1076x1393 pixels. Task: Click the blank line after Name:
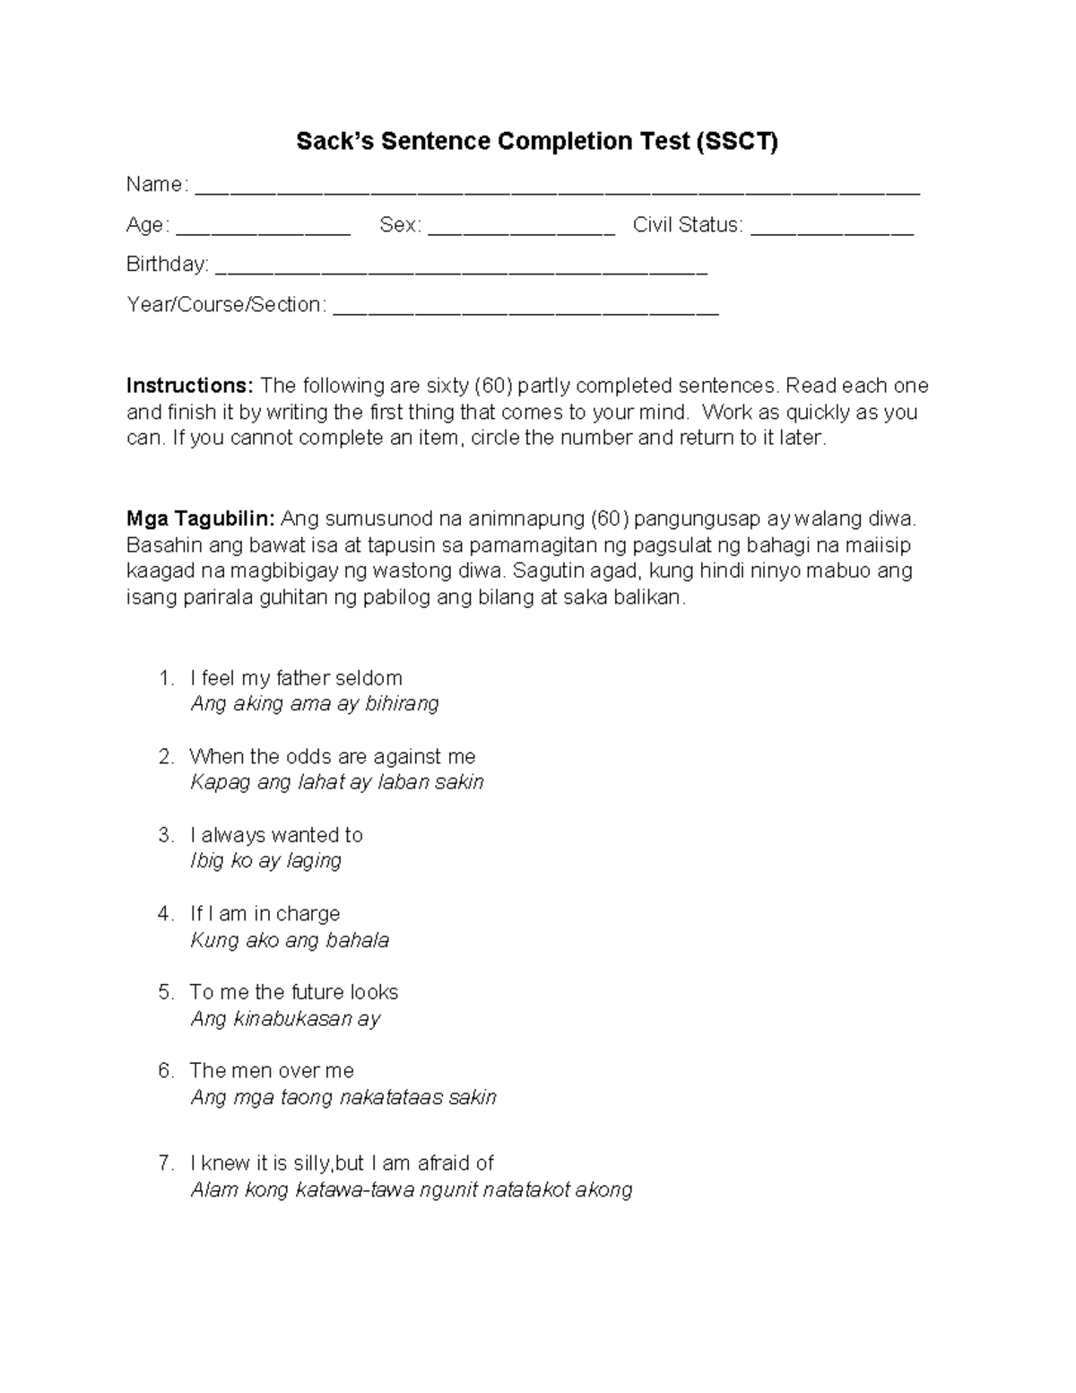(x=557, y=191)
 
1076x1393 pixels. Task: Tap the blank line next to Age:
(x=263, y=231)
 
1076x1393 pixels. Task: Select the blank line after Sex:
(x=521, y=231)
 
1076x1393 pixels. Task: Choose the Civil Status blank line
(x=831, y=231)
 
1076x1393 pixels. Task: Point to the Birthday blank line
(x=462, y=271)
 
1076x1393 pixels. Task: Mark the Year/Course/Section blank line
(x=525, y=311)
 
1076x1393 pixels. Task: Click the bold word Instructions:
(x=190, y=386)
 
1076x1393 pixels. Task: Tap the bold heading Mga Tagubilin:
(x=200, y=518)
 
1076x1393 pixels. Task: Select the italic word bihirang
(x=402, y=704)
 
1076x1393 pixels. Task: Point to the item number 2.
(x=165, y=757)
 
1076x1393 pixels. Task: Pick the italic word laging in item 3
(x=314, y=861)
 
